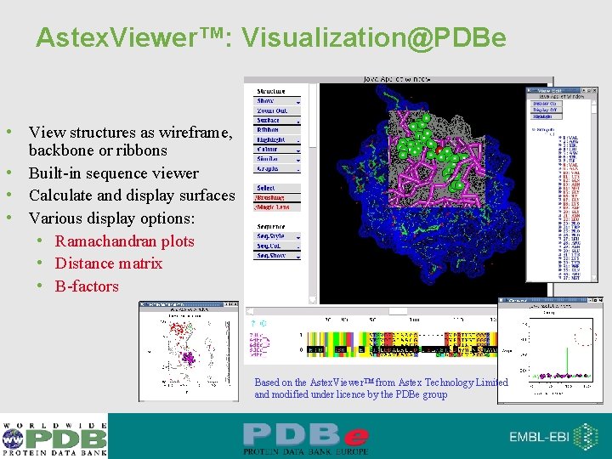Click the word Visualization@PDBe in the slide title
click(374, 38)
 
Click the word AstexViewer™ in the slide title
click(136, 38)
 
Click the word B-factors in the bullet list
click(87, 286)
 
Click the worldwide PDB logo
click(54, 437)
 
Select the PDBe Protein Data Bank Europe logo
click(306, 437)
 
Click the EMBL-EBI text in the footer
click(541, 437)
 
